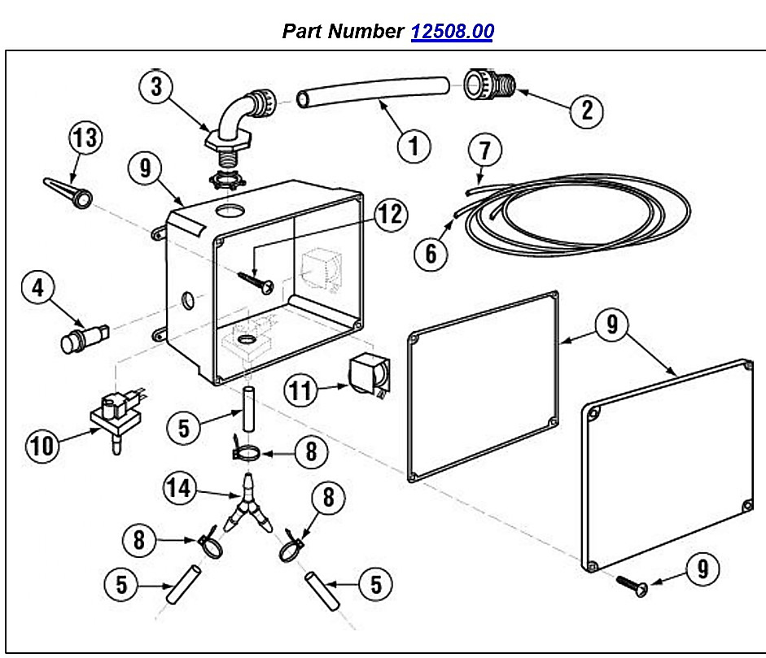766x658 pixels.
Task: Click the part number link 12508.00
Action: pyautogui.click(x=453, y=31)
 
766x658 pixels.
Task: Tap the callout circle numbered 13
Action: pyautogui.click(x=86, y=137)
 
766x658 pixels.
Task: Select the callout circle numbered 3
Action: pyautogui.click(x=156, y=87)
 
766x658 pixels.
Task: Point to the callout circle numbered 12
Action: pyautogui.click(x=391, y=214)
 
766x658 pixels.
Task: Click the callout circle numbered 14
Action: pyautogui.click(x=179, y=488)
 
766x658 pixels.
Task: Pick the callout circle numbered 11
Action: pyautogui.click(x=300, y=390)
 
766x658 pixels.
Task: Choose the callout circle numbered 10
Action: pyautogui.click(x=42, y=445)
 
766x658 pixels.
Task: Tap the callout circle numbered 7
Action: pyautogui.click(x=484, y=150)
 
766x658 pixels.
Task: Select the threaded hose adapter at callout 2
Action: pyautogui.click(x=489, y=85)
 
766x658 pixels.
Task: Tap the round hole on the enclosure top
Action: pyautogui.click(x=230, y=211)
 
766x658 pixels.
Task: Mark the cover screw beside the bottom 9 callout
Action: pyautogui.click(x=632, y=586)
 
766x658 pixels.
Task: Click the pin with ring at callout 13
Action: pyautogui.click(x=68, y=193)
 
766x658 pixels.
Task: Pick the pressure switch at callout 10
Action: pyautogui.click(x=116, y=417)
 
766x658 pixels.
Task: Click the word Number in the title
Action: pyautogui.click(x=365, y=31)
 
